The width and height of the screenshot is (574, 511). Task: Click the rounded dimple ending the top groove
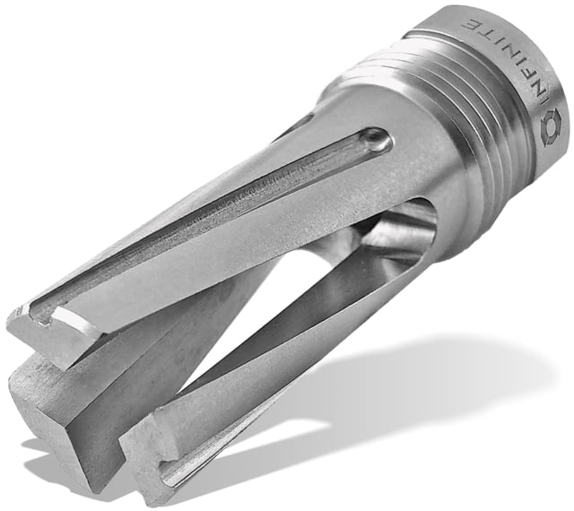click(377, 140)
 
